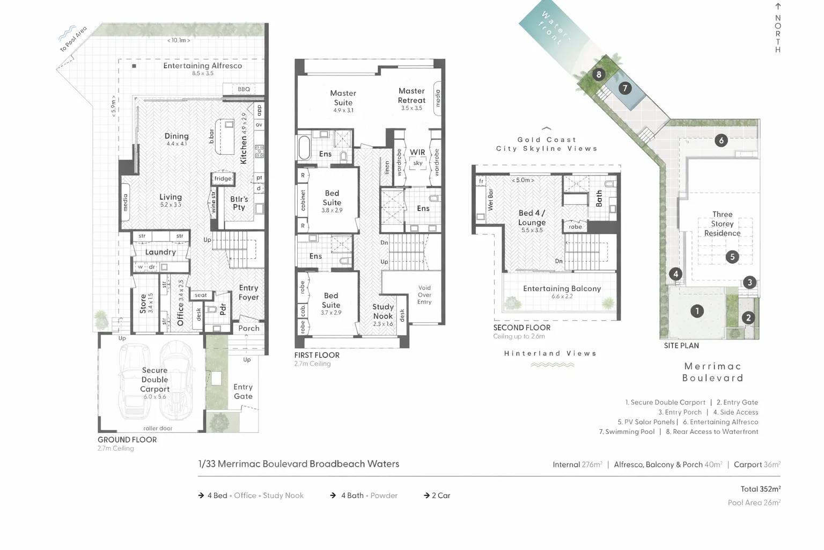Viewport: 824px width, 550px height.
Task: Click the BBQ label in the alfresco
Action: [x=244, y=89]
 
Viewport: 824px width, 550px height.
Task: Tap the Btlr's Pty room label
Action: [x=239, y=203]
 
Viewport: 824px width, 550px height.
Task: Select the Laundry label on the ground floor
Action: [x=160, y=252]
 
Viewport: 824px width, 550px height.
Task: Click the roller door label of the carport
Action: [x=158, y=428]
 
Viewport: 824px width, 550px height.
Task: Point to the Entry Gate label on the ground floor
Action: [x=243, y=392]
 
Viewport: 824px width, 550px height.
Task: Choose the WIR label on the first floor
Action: [x=417, y=153]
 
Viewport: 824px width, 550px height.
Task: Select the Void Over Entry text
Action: [x=424, y=295]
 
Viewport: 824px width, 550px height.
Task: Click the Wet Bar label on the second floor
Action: [x=490, y=200]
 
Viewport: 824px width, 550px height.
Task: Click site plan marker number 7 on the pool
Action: [x=624, y=88]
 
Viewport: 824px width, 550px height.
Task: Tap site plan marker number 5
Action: [x=732, y=257]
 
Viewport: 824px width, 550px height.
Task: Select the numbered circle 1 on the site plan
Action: [x=697, y=310]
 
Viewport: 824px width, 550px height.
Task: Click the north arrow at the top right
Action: [x=778, y=7]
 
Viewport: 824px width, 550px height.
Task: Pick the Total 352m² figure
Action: [x=760, y=489]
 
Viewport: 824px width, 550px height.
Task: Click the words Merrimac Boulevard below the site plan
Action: [x=713, y=372]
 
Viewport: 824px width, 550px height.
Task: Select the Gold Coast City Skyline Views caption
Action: [x=547, y=144]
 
